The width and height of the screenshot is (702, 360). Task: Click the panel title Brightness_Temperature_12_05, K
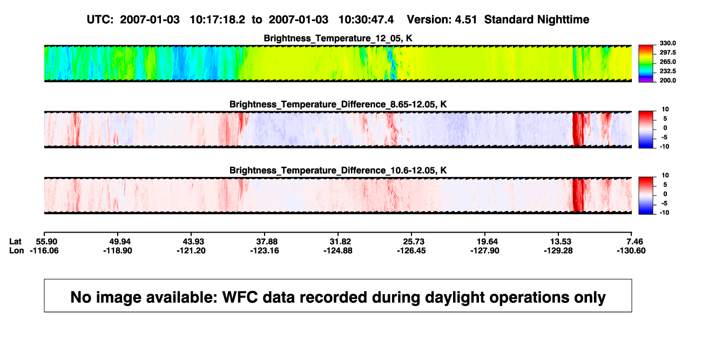[x=338, y=38]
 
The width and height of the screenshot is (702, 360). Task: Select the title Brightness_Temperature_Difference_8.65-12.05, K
[x=338, y=104]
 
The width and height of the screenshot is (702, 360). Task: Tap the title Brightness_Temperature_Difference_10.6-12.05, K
[x=338, y=171]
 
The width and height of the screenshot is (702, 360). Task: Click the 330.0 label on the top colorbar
[x=667, y=43]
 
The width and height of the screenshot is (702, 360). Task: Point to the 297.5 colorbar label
[x=667, y=52]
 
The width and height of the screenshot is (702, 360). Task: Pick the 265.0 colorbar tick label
[x=667, y=62]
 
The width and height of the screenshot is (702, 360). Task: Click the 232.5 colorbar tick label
[x=667, y=71]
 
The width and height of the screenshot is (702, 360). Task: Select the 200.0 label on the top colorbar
[x=667, y=80]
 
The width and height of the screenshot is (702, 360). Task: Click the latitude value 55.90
[x=46, y=242]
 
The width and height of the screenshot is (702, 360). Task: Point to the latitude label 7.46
[x=634, y=242]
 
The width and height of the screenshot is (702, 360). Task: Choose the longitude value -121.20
[x=191, y=250]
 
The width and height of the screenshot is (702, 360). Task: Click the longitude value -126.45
[x=411, y=250]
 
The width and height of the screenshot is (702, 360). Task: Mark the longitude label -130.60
[x=631, y=250]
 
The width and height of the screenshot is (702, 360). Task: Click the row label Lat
[x=15, y=242]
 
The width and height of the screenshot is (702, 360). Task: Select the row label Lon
[x=17, y=250]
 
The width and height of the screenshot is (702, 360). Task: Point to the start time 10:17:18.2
[x=218, y=20]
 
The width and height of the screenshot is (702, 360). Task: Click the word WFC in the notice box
[x=240, y=297]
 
